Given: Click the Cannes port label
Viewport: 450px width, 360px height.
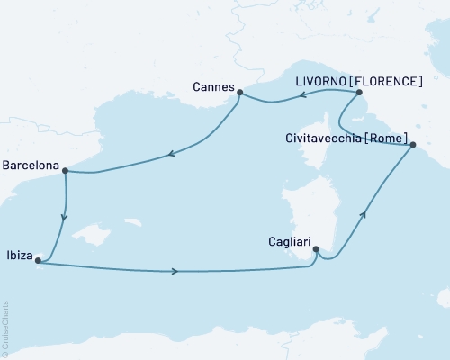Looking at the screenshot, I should click(x=212, y=87).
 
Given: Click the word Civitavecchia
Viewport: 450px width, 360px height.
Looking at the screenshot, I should click(x=316, y=138).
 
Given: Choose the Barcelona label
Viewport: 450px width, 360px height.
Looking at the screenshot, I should click(x=31, y=166).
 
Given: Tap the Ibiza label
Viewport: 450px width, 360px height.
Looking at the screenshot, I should click(x=18, y=255).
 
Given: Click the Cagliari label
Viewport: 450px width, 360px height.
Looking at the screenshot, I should click(x=291, y=241).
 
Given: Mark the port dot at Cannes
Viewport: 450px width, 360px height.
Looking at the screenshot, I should click(x=239, y=91).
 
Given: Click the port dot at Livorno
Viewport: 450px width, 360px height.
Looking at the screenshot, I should click(x=359, y=93).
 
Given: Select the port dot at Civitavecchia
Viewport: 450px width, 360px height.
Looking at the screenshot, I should click(x=412, y=145).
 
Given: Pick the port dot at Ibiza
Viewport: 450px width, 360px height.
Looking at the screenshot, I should click(x=37, y=261).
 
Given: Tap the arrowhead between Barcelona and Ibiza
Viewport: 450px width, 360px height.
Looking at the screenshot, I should click(x=63, y=217).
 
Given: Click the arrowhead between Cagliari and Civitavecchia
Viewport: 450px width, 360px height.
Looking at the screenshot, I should click(x=364, y=214).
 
